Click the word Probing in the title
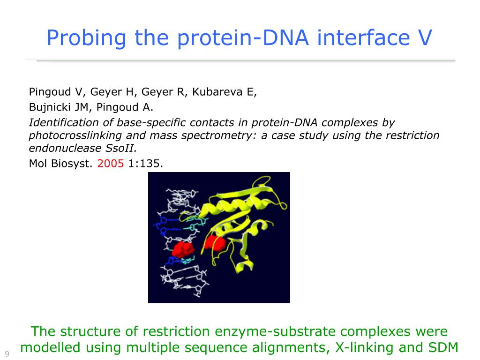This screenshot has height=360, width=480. coord(86,38)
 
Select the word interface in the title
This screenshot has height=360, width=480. coord(363,37)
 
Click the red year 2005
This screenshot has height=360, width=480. coord(111,164)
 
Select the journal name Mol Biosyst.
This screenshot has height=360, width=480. coord(60,164)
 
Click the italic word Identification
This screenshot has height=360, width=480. coord(64,122)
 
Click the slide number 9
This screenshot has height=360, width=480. coord(7,354)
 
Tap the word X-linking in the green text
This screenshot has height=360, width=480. coord(364,347)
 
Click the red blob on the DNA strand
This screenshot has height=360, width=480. coord(183,249)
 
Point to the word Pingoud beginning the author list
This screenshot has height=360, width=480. coord(50,92)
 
